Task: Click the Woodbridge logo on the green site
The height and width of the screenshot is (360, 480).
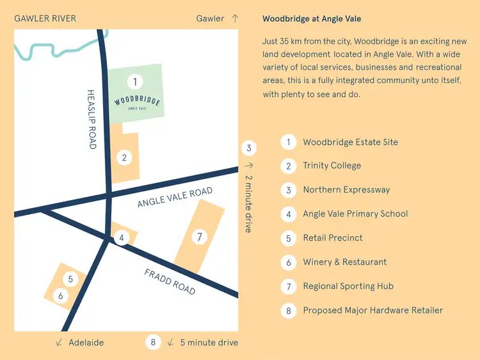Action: [137, 103]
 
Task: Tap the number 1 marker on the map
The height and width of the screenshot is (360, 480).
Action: [134, 81]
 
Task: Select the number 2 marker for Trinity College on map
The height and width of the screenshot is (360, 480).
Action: [124, 157]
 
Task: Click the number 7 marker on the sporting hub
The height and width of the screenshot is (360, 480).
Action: [200, 237]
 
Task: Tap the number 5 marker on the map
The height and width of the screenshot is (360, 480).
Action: [70, 279]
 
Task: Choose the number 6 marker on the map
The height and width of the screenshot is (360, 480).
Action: [60, 296]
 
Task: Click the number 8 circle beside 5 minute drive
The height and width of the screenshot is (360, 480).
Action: [153, 342]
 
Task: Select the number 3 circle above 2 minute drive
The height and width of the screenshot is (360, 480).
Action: [249, 148]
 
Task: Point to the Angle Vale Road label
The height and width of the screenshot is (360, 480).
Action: [175, 198]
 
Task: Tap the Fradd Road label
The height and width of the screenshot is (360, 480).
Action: [170, 281]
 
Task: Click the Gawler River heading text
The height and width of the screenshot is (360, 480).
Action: [45, 19]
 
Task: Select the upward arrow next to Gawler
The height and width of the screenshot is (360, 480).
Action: [235, 19]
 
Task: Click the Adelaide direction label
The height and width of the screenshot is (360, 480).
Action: [86, 343]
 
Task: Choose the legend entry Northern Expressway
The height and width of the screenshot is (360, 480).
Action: [346, 190]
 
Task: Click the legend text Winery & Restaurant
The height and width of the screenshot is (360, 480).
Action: [344, 262]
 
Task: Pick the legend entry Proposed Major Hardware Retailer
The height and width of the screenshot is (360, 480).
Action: [372, 310]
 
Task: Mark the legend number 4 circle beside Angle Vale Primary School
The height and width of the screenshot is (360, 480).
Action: [289, 214]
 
